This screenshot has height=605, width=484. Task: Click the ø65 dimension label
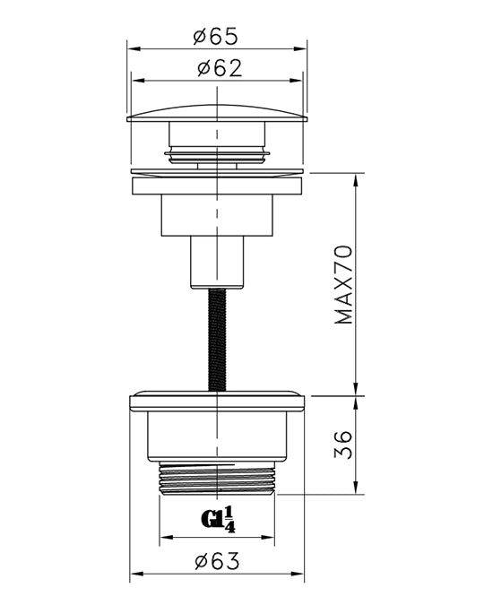click(216, 37)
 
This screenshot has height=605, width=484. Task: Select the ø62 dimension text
click(220, 68)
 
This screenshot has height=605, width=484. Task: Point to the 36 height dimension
click(343, 445)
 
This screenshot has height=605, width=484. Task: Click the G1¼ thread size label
click(219, 520)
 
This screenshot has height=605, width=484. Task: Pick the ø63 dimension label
click(217, 561)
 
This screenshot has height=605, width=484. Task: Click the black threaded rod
click(217, 340)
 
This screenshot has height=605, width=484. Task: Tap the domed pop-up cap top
click(217, 112)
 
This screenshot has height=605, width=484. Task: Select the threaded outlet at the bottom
click(217, 478)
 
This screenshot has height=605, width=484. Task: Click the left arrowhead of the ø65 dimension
click(134, 49)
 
